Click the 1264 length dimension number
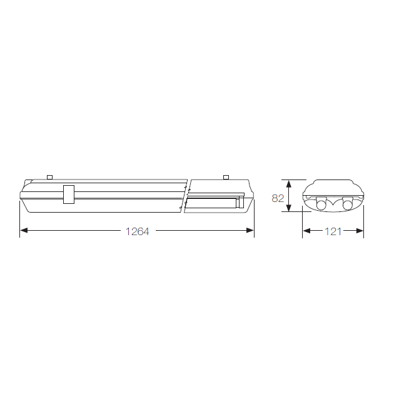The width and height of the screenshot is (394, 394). (x=137, y=231)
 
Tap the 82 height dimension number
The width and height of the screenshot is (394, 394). (x=278, y=198)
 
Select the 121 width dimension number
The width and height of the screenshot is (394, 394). (x=333, y=231)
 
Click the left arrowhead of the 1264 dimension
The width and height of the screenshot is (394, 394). (x=24, y=230)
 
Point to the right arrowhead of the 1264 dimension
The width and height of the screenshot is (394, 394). (x=250, y=230)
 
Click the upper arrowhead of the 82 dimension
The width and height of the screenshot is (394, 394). (x=289, y=184)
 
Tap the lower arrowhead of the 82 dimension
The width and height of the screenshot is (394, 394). (x=289, y=208)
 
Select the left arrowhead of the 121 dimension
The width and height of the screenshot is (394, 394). (x=306, y=231)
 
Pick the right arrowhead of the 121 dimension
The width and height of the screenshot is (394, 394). (x=360, y=231)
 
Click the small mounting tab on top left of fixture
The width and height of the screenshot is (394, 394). (x=50, y=177)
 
